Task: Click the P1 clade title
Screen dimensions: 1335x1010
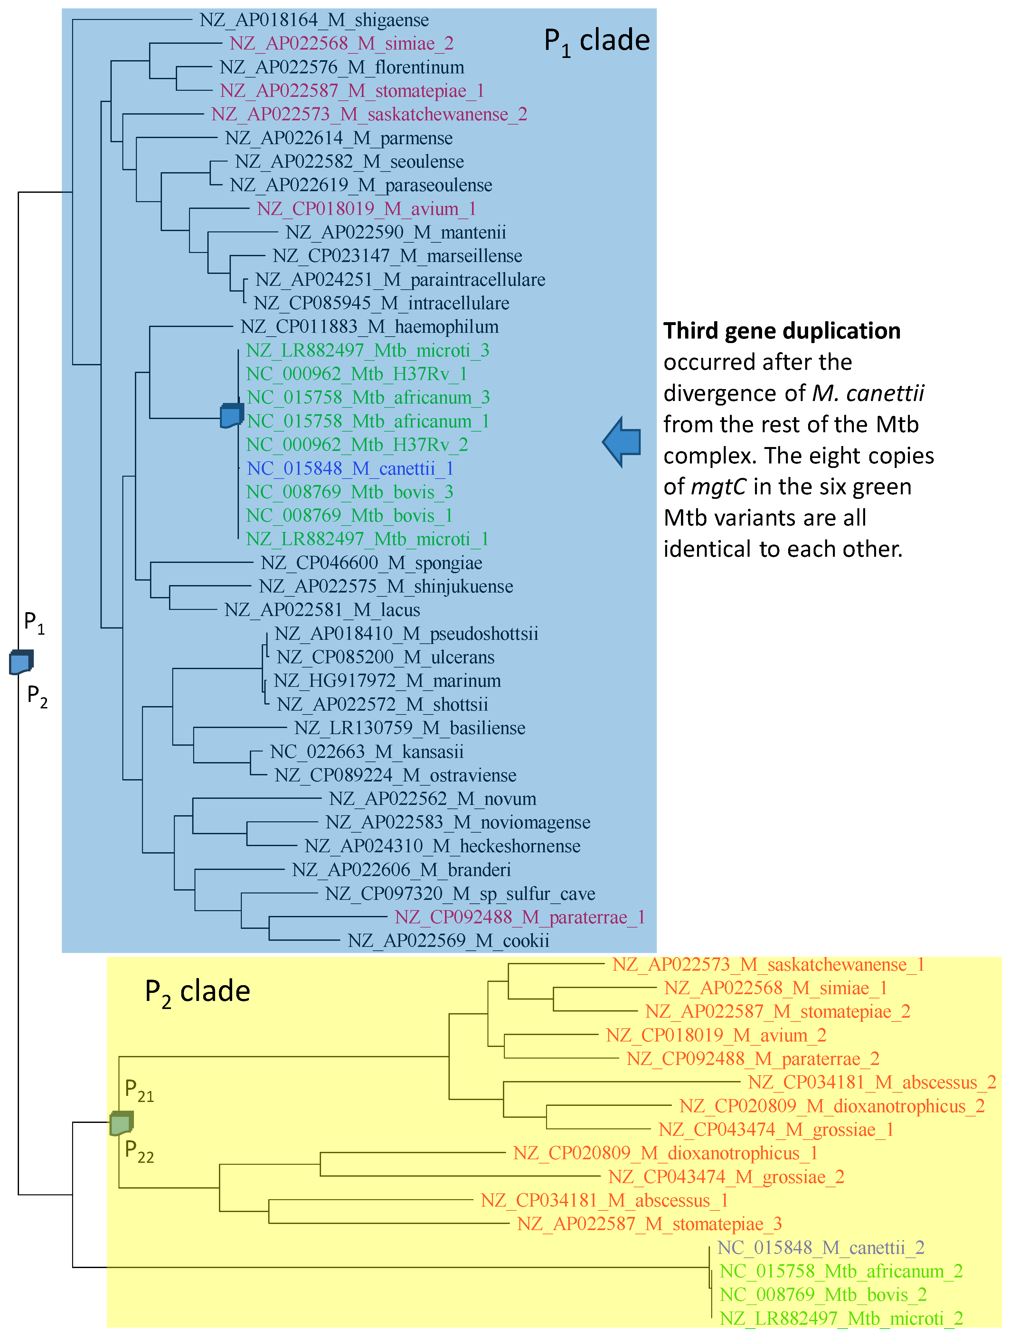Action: (x=597, y=41)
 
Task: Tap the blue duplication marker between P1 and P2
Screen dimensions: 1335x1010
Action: (x=21, y=662)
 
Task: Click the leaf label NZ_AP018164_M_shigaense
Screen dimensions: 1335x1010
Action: (x=314, y=20)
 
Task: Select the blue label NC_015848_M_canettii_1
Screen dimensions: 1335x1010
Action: (x=350, y=468)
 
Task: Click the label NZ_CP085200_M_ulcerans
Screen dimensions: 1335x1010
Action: (x=385, y=657)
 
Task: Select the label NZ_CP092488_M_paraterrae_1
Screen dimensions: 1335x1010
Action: (x=520, y=917)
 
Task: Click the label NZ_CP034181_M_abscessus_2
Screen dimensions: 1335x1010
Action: (x=872, y=1082)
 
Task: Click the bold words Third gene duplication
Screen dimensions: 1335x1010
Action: (x=782, y=331)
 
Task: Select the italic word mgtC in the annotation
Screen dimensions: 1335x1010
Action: (x=718, y=486)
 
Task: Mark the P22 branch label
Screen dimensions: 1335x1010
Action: (x=139, y=1151)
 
